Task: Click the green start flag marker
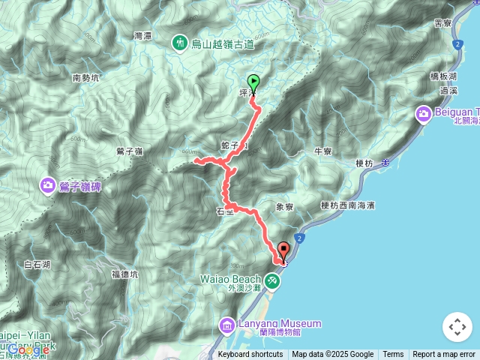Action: pos(253,82)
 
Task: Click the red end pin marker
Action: pos(283,250)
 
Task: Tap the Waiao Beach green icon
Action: pos(272,280)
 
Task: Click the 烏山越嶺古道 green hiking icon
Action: pos(180,43)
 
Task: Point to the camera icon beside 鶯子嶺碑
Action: pos(48,185)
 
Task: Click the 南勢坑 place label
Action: pos(87,77)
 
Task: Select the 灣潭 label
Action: pos(142,35)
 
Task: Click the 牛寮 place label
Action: pos(323,151)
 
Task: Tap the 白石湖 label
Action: pos(37,264)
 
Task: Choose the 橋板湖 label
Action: pos(443,76)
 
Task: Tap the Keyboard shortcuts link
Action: pos(250,355)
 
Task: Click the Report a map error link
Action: pos(444,355)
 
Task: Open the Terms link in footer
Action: pos(393,355)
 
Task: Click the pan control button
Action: pos(457,327)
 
